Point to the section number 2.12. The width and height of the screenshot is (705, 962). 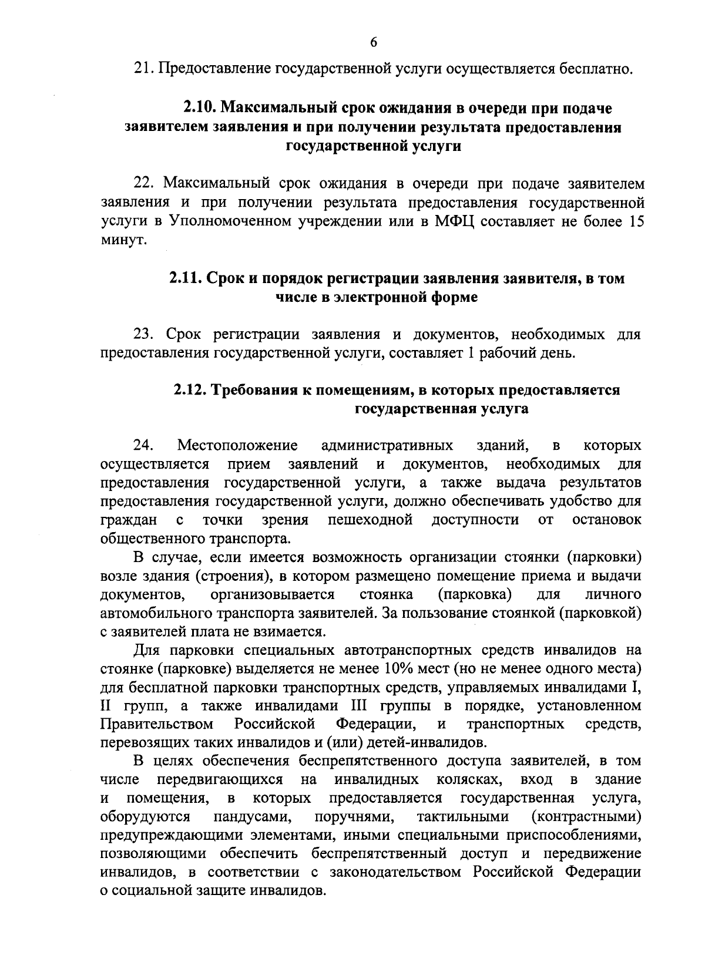[x=191, y=390]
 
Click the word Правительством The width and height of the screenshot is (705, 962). [x=157, y=724]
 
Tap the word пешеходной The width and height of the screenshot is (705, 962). [x=371, y=520]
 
